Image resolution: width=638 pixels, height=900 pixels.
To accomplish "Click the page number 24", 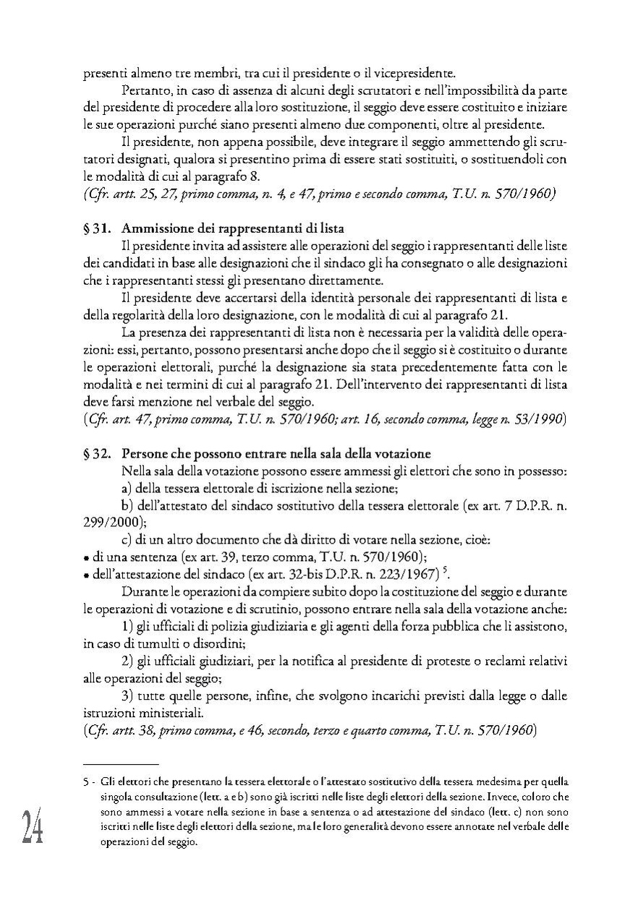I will click(x=32, y=826).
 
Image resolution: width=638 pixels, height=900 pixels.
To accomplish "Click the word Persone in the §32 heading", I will click(x=145, y=454).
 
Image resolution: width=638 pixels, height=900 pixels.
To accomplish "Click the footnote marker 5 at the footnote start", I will click(x=85, y=781).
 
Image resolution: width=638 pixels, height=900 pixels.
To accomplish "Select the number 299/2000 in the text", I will click(x=108, y=521).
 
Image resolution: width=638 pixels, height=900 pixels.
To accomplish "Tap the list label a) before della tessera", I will click(x=127, y=488).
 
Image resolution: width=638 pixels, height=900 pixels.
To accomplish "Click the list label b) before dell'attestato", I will click(x=127, y=505).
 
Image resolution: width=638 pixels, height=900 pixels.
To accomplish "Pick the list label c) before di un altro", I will click(x=127, y=539).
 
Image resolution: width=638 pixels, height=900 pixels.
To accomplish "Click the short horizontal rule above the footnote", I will click(x=121, y=763).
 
